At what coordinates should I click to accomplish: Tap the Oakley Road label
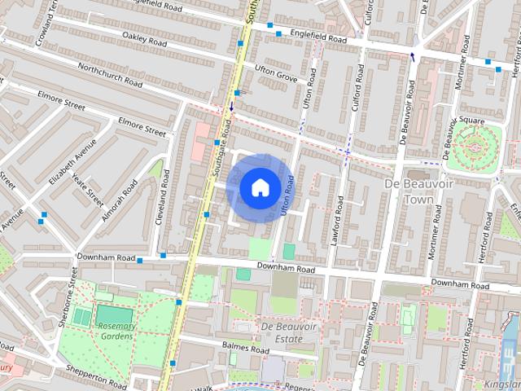(x=145, y=37)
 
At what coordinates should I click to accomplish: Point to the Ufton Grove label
(x=276, y=73)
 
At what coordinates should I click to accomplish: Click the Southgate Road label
(x=221, y=147)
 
